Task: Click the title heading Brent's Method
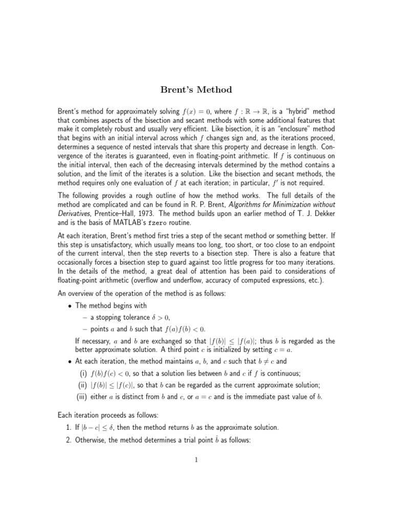click(196, 90)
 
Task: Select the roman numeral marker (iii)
click(82, 396)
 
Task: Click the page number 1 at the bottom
click(196, 460)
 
